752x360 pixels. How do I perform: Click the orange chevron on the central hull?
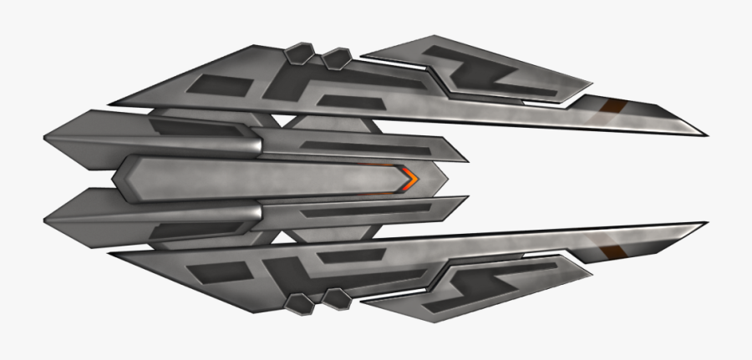click(409, 178)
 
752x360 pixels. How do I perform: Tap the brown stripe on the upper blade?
click(615, 106)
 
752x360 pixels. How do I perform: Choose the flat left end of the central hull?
click(115, 178)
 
